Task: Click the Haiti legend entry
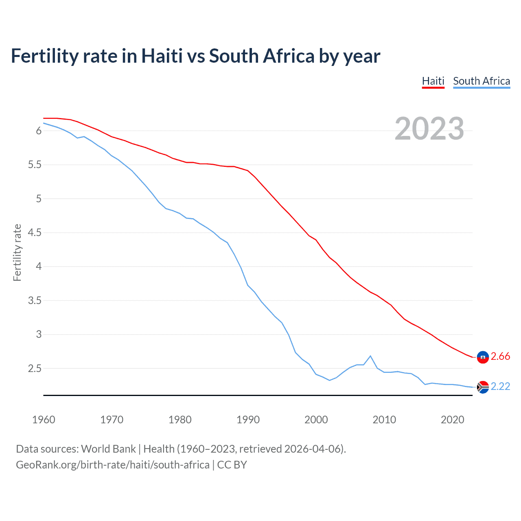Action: [433, 81]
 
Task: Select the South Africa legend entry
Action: [481, 81]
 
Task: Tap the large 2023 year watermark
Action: [429, 129]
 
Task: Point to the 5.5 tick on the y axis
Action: [35, 165]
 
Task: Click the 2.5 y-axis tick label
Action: [35, 369]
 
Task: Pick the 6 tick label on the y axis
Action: [39, 131]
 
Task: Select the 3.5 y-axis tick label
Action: [35, 301]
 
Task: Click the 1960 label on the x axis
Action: [44, 420]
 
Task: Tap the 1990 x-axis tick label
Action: [248, 420]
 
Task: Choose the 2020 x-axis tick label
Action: [452, 420]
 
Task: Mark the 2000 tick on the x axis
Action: [316, 420]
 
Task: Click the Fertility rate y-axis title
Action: [17, 252]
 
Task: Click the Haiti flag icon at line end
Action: [483, 357]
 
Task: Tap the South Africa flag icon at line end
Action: [483, 387]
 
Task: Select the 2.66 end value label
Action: [500, 357]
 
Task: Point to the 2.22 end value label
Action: [500, 387]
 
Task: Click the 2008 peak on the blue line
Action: [370, 356]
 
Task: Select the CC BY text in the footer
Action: [232, 465]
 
